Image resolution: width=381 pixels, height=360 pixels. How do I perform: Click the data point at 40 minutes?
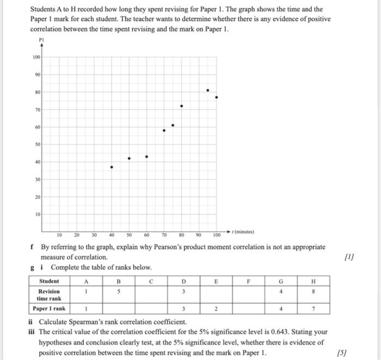[112, 167]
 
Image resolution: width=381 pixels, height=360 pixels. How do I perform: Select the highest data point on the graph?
[207, 90]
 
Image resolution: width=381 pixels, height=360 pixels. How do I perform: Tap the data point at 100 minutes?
[217, 97]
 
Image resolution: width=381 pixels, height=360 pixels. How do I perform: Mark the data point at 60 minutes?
[146, 157]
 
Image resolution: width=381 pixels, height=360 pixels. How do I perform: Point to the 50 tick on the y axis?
[37, 145]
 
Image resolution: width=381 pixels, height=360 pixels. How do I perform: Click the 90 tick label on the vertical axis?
[37, 75]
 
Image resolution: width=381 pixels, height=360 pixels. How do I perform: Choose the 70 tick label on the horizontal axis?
[164, 235]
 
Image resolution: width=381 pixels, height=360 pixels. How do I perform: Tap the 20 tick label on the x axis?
[76, 235]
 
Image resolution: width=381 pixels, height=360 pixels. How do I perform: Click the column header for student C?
[151, 281]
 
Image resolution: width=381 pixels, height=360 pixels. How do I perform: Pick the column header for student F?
[248, 281]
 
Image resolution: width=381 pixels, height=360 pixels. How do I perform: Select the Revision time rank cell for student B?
[118, 291]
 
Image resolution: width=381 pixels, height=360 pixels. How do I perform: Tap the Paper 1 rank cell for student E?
[216, 309]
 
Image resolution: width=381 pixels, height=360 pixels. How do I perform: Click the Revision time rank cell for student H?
[313, 291]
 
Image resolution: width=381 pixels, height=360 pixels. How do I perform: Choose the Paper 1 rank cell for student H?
[313, 309]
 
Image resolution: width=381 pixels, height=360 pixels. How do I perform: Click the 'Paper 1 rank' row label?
[50, 309]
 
